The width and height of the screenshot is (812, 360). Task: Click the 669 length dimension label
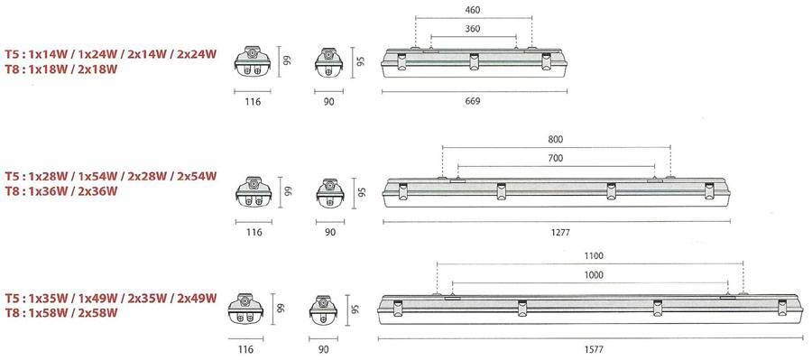[473, 101]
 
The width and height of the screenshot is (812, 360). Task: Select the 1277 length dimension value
[561, 233]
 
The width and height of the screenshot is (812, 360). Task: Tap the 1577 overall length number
[594, 350]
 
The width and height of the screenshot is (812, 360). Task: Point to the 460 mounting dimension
[474, 9]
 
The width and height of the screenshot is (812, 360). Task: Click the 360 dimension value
[473, 29]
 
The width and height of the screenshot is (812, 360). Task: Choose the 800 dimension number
[555, 139]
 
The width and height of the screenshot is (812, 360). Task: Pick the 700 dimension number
[555, 159]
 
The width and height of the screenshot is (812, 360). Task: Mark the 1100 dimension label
[594, 256]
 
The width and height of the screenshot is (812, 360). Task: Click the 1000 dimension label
[594, 275]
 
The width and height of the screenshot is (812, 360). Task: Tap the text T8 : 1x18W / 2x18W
[61, 69]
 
